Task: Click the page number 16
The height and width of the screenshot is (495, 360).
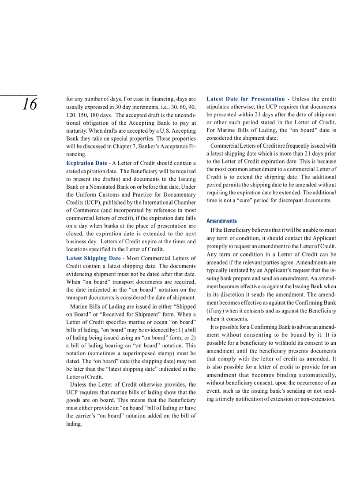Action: click(x=30, y=105)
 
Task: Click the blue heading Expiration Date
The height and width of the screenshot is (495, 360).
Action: click(x=86, y=163)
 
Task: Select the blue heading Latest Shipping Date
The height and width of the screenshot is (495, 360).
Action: click(x=93, y=258)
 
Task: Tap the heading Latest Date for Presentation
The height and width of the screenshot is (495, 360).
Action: click(x=246, y=99)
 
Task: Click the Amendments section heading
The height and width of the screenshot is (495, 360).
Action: click(x=221, y=221)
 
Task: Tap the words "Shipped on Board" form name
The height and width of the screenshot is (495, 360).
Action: click(x=181, y=307)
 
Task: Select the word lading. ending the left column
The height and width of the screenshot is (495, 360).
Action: click(x=74, y=424)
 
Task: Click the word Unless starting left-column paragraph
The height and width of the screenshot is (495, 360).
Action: click(x=79, y=385)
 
